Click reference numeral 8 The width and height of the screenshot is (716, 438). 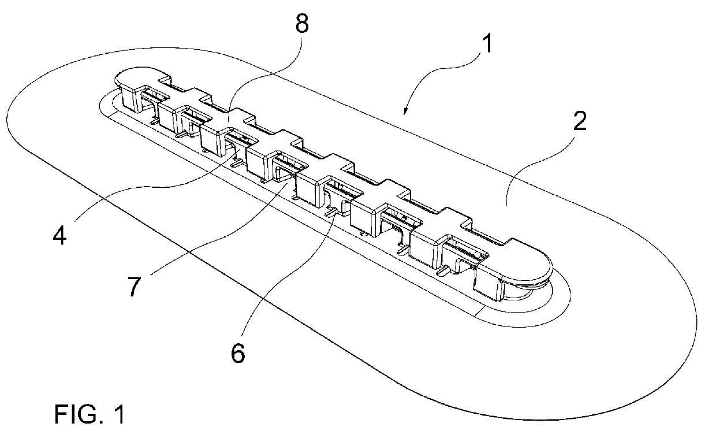(302, 24)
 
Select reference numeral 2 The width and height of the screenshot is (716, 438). (580, 121)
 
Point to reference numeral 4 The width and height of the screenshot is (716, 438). (60, 236)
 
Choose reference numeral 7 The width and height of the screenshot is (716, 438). (134, 287)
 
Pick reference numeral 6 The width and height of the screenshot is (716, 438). (238, 353)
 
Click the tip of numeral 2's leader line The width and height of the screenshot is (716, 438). (506, 205)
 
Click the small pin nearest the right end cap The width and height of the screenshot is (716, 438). (443, 270)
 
